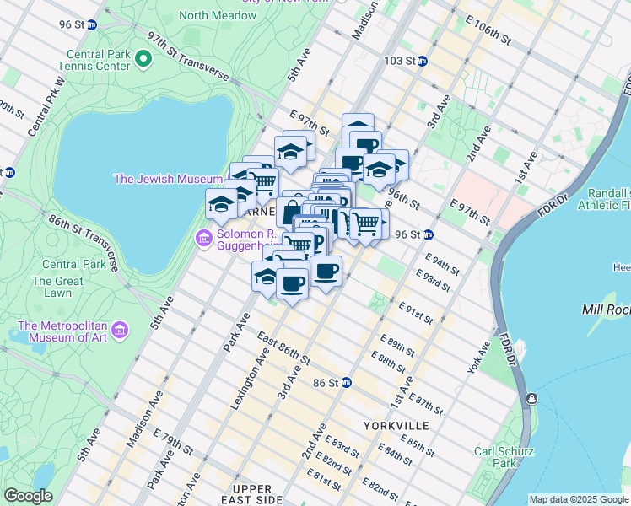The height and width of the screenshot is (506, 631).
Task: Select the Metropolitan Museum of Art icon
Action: point(120,328)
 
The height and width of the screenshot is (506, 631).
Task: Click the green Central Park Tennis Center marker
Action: point(143,58)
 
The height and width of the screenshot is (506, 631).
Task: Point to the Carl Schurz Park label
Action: point(494,457)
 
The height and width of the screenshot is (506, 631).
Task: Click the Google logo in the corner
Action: point(28,496)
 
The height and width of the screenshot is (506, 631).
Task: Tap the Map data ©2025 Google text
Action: point(579,499)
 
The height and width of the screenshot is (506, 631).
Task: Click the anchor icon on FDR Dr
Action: point(531,398)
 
